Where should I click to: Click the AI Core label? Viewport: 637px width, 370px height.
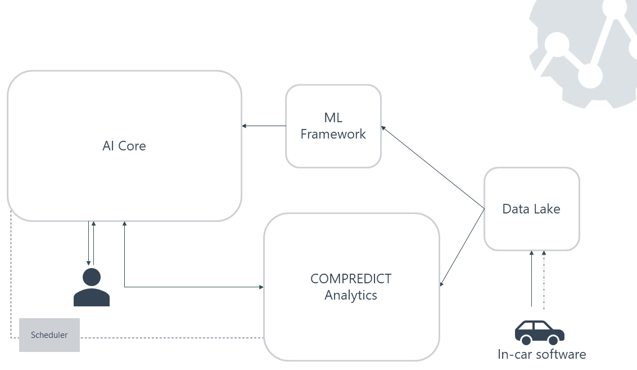(x=124, y=146)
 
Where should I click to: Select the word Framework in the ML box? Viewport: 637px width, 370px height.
(x=333, y=134)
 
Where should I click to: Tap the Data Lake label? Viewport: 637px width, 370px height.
(x=531, y=209)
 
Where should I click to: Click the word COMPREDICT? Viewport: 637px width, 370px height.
(x=351, y=279)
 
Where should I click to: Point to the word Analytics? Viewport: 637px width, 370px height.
(x=351, y=295)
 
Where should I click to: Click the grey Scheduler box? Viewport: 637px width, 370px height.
(x=49, y=335)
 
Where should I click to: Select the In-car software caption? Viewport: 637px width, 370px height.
(x=541, y=354)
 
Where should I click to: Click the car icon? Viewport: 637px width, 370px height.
(x=539, y=332)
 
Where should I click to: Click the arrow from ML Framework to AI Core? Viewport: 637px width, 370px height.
(x=264, y=126)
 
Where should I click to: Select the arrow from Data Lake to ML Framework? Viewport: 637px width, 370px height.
(x=433, y=168)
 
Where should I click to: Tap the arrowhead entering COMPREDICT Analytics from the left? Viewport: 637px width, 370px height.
(x=261, y=287)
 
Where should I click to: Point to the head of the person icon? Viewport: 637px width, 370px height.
(x=92, y=277)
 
